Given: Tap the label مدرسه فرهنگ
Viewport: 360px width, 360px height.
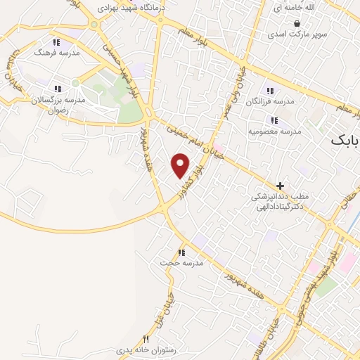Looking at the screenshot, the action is pyautogui.click(x=63, y=53).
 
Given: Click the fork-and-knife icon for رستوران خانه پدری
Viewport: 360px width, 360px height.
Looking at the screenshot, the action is pyautogui.click(x=146, y=338).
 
